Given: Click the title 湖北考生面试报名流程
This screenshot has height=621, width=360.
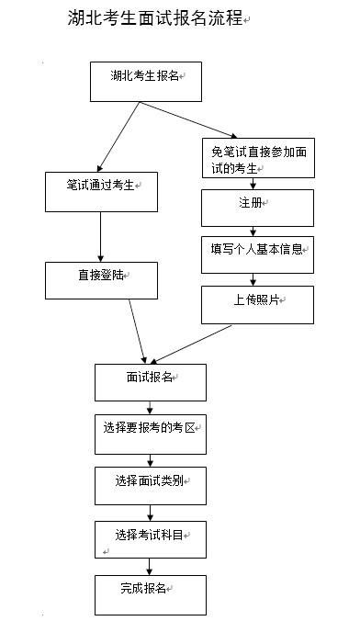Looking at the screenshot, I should (156, 19).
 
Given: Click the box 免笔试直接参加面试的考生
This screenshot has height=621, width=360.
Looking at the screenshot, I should (257, 157).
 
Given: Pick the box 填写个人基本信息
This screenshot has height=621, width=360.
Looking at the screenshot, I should (257, 254).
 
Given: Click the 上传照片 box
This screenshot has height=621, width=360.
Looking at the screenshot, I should (257, 304).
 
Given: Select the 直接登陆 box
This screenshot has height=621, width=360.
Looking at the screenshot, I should (101, 280).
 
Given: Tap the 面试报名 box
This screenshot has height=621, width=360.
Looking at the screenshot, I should (151, 381).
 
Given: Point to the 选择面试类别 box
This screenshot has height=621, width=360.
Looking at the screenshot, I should (151, 485).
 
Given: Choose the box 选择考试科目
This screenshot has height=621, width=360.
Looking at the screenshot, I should (151, 539).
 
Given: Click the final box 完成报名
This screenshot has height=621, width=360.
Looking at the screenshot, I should (151, 593).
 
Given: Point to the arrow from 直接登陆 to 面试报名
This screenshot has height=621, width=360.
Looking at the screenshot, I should (138, 330).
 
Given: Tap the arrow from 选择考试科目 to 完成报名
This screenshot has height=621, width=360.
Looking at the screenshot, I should (151, 566).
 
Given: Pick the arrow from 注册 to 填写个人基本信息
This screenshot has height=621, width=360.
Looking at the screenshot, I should (252, 231).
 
